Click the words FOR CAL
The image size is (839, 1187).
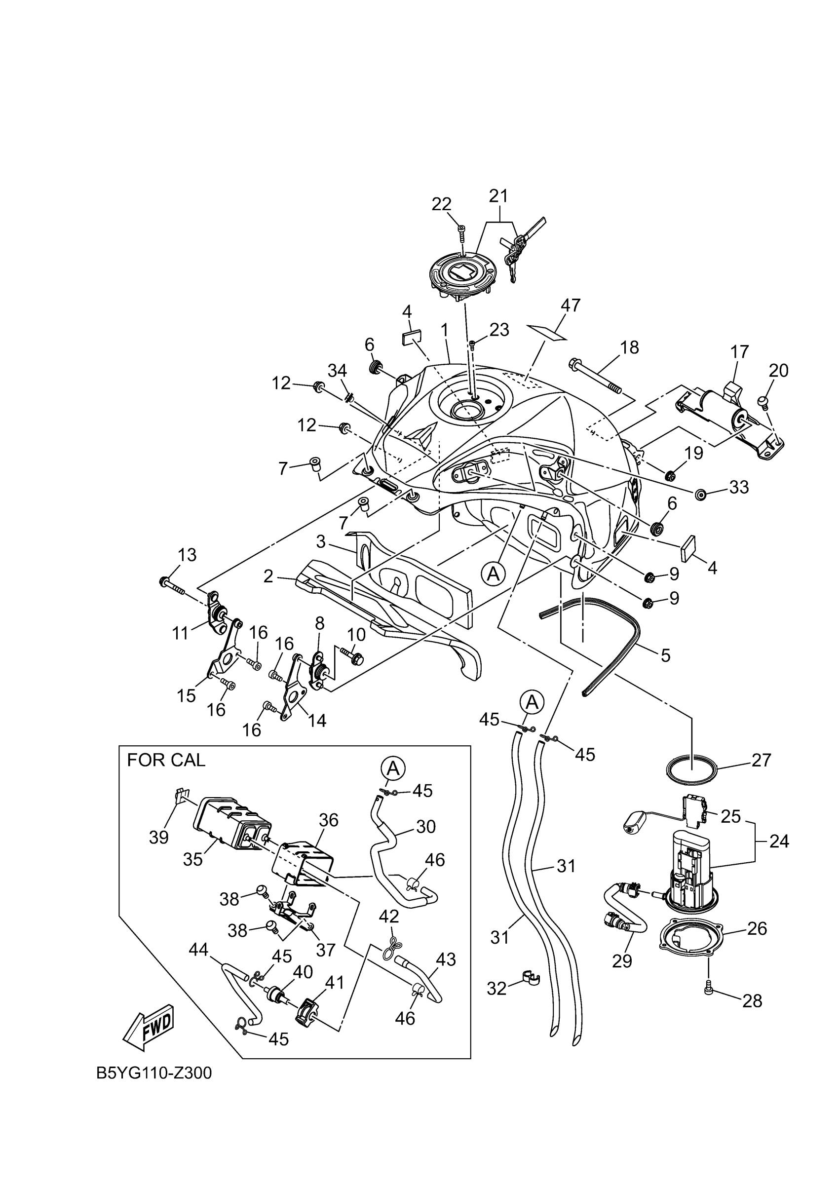[166, 760]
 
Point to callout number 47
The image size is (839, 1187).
[570, 305]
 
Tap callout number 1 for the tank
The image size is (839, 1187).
[444, 329]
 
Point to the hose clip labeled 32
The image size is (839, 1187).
[528, 978]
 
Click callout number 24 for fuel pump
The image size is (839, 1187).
[779, 841]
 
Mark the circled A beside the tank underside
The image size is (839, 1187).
[493, 573]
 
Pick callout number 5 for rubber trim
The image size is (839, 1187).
[665, 655]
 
